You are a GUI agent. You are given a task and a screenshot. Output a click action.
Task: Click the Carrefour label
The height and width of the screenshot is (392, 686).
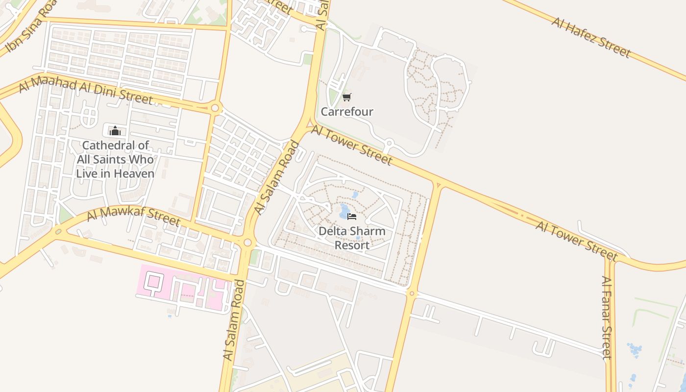click(x=347, y=112)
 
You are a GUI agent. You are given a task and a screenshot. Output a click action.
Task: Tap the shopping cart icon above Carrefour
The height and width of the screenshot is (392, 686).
click(x=347, y=98)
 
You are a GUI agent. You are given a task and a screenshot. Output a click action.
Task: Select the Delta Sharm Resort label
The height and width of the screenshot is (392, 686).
click(x=352, y=238)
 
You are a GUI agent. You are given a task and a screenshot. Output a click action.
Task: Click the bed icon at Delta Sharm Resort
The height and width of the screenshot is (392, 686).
click(x=351, y=216)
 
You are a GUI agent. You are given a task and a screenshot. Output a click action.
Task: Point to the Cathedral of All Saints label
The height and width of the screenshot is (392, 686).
click(x=115, y=159)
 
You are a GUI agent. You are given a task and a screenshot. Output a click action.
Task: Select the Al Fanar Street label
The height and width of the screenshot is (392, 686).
click(x=607, y=318)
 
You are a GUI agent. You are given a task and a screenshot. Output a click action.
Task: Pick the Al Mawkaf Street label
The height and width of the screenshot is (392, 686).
click(x=134, y=217)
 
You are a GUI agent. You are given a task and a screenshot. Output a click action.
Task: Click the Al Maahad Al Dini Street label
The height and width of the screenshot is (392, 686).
click(x=86, y=91)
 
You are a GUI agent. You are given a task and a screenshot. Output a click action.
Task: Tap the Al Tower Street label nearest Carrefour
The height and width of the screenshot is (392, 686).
click(x=352, y=146)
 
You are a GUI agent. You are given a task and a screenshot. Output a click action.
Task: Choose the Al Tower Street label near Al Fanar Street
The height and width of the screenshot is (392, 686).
click(x=576, y=241)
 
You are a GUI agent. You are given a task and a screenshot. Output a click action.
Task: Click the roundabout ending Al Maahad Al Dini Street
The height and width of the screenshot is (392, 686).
click(x=215, y=108)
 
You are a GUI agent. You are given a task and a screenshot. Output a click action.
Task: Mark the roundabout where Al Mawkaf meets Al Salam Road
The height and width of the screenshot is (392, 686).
click(x=247, y=242)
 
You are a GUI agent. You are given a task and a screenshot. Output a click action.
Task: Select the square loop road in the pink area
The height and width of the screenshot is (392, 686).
click(x=155, y=282)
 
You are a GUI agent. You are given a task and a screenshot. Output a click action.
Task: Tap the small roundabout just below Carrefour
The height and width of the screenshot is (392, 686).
click(x=389, y=144)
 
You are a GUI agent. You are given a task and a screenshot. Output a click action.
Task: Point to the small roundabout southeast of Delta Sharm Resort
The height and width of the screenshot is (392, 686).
click(x=411, y=294)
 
